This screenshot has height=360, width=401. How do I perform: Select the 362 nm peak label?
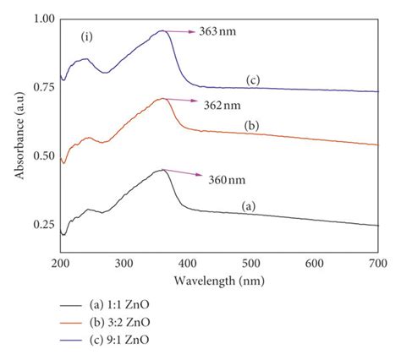pyautogui.click(x=223, y=106)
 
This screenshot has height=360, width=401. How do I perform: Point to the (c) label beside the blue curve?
pyautogui.click(x=252, y=80)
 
